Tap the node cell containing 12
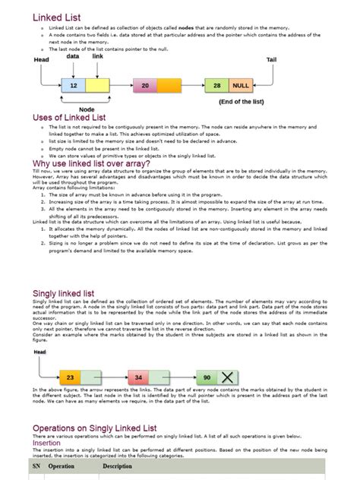tap(74, 87)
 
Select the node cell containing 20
tap(144, 87)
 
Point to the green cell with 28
tap(217, 87)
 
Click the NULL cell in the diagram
tap(241, 87)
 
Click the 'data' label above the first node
tap(73, 56)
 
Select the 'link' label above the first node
tap(98, 56)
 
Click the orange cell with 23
tap(71, 377)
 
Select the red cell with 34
tap(137, 377)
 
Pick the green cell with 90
tap(207, 377)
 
